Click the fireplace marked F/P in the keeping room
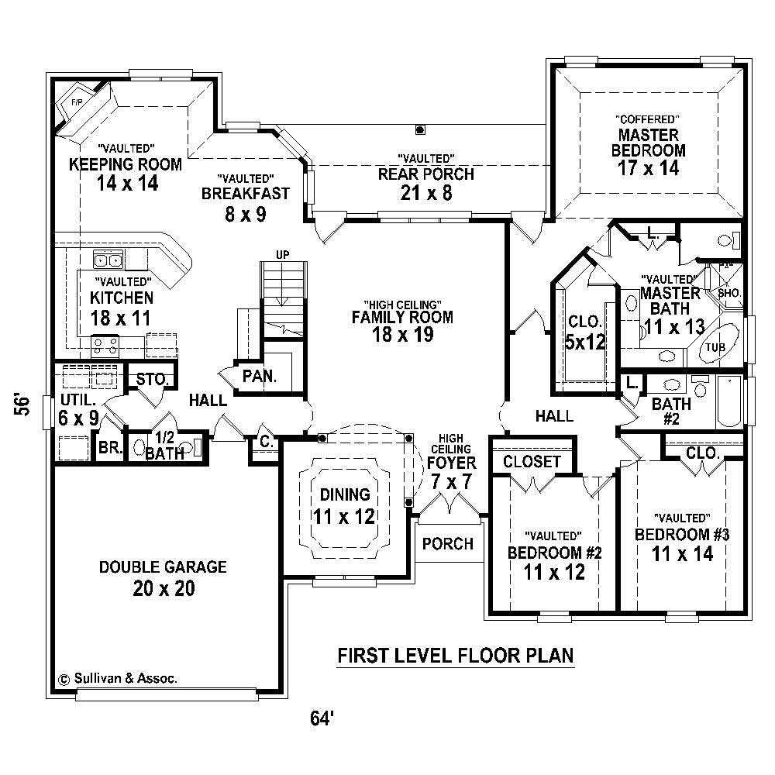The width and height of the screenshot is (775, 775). (x=78, y=108)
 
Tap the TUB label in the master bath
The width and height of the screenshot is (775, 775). (x=715, y=347)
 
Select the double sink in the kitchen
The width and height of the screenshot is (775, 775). (x=107, y=260)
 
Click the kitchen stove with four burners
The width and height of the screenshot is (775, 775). (x=105, y=344)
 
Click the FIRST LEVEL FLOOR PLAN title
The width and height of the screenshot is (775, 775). (x=456, y=656)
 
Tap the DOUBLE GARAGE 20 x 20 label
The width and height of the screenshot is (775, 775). (x=163, y=578)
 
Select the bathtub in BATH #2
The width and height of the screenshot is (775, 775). (x=730, y=401)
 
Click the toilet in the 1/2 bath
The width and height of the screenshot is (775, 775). (x=139, y=448)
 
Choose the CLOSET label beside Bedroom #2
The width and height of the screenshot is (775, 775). (x=532, y=462)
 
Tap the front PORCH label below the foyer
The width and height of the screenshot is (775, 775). (x=448, y=544)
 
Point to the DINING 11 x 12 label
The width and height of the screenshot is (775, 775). (x=344, y=505)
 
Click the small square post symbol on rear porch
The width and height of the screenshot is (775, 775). (x=420, y=129)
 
